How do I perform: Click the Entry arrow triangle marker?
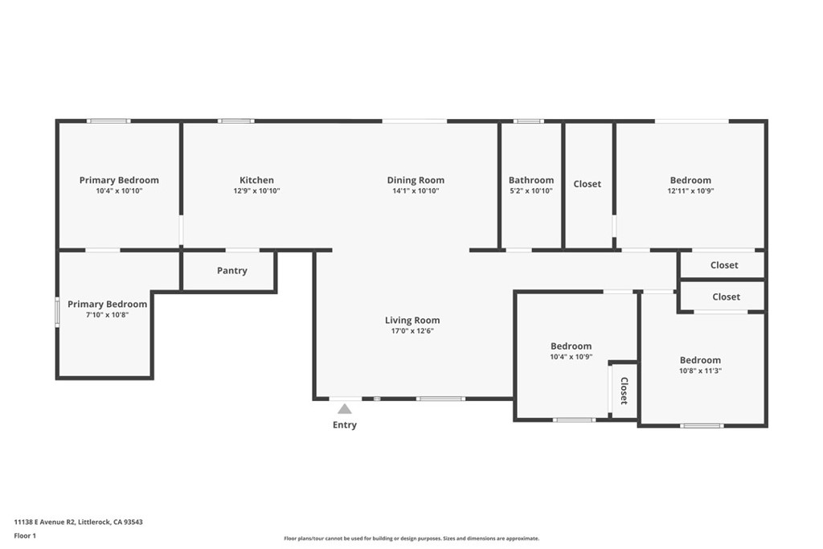click(344, 408)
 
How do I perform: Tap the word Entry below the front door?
click(345, 425)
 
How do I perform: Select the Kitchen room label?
click(256, 180)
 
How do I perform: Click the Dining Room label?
click(416, 180)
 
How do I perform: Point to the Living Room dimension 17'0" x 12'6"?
click(412, 331)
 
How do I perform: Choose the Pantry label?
click(232, 271)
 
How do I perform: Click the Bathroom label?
click(531, 180)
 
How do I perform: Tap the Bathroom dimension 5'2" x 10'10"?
click(531, 191)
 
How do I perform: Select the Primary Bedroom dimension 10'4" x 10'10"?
click(119, 191)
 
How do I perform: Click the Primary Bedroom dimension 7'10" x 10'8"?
click(107, 315)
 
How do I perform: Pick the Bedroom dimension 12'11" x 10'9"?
click(690, 191)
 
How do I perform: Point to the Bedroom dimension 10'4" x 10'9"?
click(571, 357)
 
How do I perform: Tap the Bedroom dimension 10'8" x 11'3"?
click(700, 371)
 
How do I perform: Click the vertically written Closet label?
click(624, 391)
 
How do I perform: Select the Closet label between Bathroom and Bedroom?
click(587, 184)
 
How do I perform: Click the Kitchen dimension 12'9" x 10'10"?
click(256, 191)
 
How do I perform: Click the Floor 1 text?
click(25, 535)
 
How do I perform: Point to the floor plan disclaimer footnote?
click(411, 539)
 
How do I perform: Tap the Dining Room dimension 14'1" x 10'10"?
click(416, 191)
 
